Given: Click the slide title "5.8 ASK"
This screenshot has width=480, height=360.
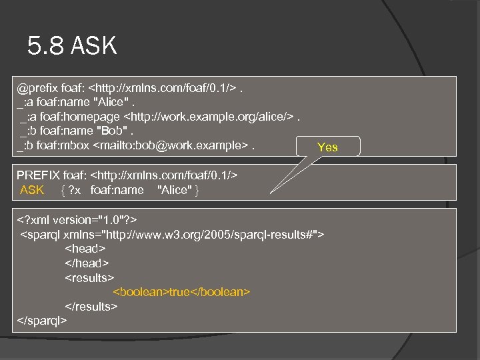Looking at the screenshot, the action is pos(72,46).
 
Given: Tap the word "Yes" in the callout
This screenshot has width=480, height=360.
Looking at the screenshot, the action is pos(327,147).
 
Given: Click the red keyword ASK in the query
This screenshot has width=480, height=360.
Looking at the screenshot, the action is pos(32,190).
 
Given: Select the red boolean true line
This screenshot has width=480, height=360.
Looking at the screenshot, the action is pos(181,291).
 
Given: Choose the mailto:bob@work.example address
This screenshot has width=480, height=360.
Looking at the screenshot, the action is pos(173,146).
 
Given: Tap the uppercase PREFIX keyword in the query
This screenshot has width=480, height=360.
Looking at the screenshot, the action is pos(38,175).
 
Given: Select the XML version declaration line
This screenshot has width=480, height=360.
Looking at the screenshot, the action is pos(78,219).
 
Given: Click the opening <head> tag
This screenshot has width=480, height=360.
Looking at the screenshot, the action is pos(85,248).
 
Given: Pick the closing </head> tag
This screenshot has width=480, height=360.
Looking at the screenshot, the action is pos(87,263).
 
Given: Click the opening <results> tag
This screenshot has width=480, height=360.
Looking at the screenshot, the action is pos(89,277).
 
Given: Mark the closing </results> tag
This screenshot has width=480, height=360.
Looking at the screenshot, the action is pos(91,306).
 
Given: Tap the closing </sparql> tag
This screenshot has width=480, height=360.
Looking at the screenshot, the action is pos(42,321).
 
